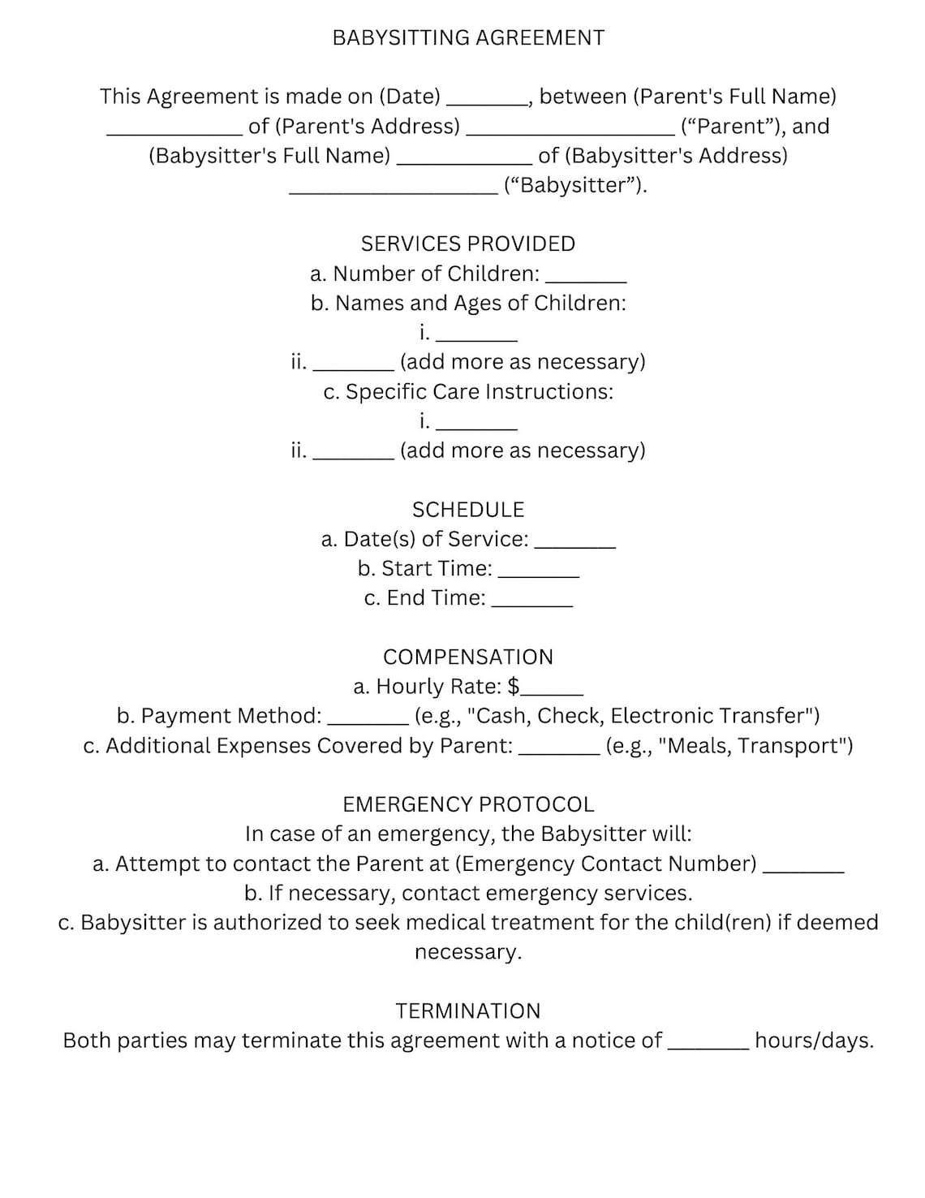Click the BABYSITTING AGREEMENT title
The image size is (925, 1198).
[x=468, y=38]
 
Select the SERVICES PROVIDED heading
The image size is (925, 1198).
[x=468, y=244]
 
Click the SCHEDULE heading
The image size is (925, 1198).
[x=468, y=510]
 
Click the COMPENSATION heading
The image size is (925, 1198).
[x=468, y=657]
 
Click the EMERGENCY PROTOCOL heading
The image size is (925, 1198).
[x=468, y=804]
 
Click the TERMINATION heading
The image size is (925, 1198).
[x=468, y=1011]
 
